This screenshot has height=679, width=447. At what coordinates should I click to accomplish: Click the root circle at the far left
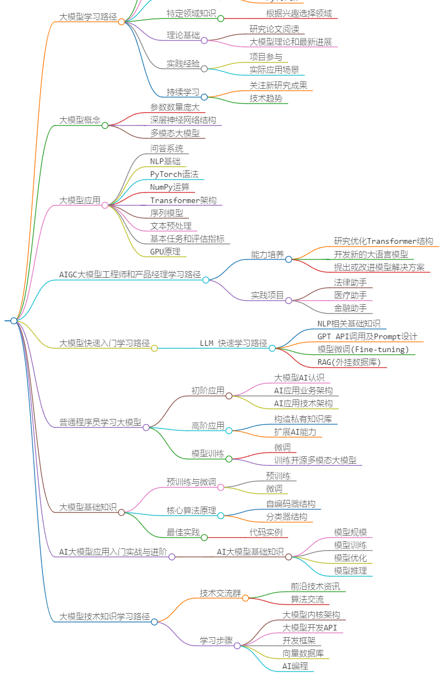tap(14, 320)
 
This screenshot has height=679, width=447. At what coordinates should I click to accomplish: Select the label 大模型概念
tap(80, 120)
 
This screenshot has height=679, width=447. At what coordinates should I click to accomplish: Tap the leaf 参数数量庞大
tap(174, 107)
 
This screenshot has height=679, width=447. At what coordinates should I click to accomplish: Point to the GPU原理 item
tap(165, 252)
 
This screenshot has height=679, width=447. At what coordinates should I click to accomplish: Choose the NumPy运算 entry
tap(169, 187)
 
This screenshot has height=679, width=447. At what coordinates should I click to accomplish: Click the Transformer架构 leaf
tap(183, 200)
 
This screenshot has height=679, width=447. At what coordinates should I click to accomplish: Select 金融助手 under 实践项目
tap(351, 307)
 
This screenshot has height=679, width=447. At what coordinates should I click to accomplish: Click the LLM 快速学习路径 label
tap(234, 343)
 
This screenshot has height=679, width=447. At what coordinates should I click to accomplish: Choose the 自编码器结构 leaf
tap(290, 504)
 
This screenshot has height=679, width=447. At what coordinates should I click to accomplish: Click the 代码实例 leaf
tap(266, 532)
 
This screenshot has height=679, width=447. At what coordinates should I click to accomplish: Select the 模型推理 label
tap(351, 571)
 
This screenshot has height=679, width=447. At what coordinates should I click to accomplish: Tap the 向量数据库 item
tap(303, 653)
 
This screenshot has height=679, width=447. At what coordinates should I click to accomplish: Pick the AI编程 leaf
tap(295, 666)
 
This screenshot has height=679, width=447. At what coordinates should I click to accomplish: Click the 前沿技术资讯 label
tap(315, 586)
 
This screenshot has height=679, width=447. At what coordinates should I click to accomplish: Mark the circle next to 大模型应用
tap(105, 205)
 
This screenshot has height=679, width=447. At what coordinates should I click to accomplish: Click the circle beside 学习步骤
tap(237, 646)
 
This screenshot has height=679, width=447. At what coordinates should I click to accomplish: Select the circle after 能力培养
tap(289, 259)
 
